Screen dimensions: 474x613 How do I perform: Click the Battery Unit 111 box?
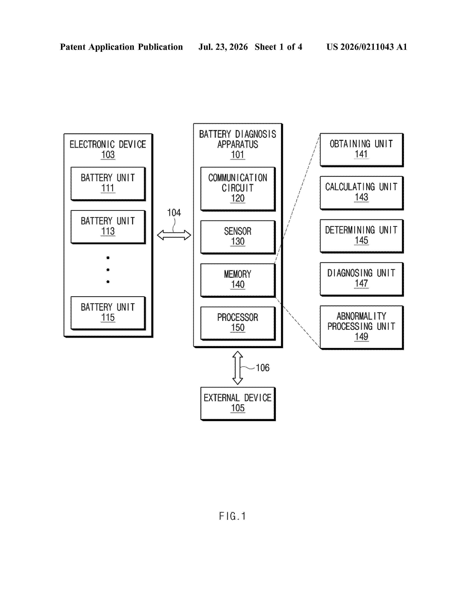[x=108, y=184]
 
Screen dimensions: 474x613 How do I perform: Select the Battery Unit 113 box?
[x=108, y=227]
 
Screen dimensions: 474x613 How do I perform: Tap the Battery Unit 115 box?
[x=108, y=313]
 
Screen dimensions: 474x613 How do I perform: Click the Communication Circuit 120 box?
[x=238, y=189]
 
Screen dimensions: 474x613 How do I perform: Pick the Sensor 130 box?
[x=238, y=237]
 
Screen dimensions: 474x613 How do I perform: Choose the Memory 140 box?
[x=238, y=280]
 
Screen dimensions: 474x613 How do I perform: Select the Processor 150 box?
[x=238, y=324]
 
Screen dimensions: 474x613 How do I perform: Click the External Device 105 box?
[x=238, y=404]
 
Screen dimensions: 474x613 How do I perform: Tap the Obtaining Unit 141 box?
[x=362, y=150]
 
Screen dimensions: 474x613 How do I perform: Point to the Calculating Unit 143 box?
[x=362, y=193]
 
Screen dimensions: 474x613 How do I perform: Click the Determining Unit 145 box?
[x=362, y=236]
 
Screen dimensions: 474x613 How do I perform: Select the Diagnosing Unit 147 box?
[x=362, y=279]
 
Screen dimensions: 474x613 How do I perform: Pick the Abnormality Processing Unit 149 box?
[x=362, y=327]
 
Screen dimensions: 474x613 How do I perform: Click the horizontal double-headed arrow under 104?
[x=174, y=235]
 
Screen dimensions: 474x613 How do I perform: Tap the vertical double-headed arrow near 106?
[x=238, y=368]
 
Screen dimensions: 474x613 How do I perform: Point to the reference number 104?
[x=174, y=213]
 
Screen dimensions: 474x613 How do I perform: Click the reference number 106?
[x=262, y=368]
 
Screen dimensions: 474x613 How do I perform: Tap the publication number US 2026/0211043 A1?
[x=367, y=47]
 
